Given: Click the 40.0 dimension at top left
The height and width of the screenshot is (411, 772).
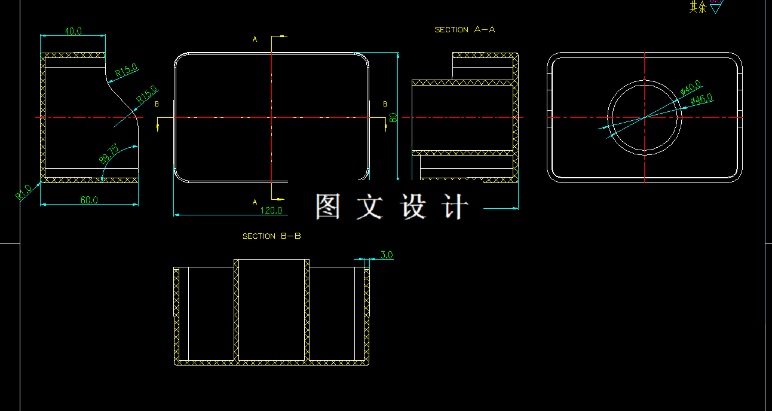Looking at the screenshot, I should [73, 31].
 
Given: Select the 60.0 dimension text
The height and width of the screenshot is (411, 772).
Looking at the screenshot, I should [89, 200].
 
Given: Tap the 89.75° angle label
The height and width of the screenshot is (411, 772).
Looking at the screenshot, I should [109, 154].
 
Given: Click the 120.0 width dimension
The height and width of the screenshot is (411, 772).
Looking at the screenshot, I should [271, 210].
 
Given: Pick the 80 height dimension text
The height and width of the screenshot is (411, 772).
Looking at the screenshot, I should [393, 117].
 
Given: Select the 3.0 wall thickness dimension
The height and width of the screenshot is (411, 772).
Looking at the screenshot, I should [386, 255].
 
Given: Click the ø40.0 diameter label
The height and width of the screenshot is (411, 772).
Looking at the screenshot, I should [691, 88].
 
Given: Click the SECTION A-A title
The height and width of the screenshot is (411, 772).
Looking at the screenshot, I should [465, 29].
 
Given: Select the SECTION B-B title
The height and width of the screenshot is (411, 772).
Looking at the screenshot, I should [272, 236].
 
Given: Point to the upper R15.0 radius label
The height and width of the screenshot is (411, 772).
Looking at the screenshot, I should [127, 71].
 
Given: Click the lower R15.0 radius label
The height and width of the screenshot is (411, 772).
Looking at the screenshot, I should [146, 94].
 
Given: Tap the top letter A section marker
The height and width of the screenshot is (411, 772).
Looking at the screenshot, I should [255, 39].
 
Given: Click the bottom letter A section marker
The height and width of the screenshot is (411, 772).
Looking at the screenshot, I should [255, 202].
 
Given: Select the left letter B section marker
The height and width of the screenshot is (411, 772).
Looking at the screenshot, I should [157, 104].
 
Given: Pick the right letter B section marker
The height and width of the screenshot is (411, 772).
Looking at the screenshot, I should [385, 104].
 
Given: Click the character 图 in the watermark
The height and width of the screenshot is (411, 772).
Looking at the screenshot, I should [328, 206].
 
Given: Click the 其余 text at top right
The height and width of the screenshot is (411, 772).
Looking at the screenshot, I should [697, 7].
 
